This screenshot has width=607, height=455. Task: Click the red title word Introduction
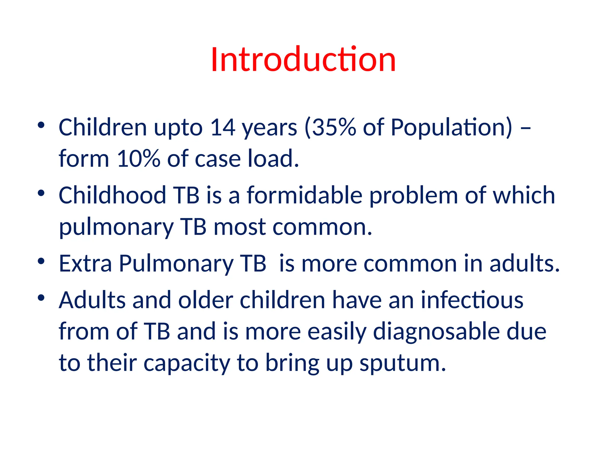coord(303,60)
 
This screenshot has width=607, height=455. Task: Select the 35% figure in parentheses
coord(333,127)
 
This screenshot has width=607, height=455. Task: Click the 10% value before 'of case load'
coord(138,158)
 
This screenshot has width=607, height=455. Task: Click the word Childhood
coord(112,195)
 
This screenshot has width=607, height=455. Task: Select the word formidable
coord(305,195)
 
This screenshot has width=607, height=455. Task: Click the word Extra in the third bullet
coord(85,263)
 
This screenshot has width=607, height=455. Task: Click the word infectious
coord(472,300)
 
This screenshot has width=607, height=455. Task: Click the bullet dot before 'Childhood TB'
coord(41,193)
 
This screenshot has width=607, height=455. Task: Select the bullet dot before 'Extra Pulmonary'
coord(41,261)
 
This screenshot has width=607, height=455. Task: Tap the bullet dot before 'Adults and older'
coord(41,297)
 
